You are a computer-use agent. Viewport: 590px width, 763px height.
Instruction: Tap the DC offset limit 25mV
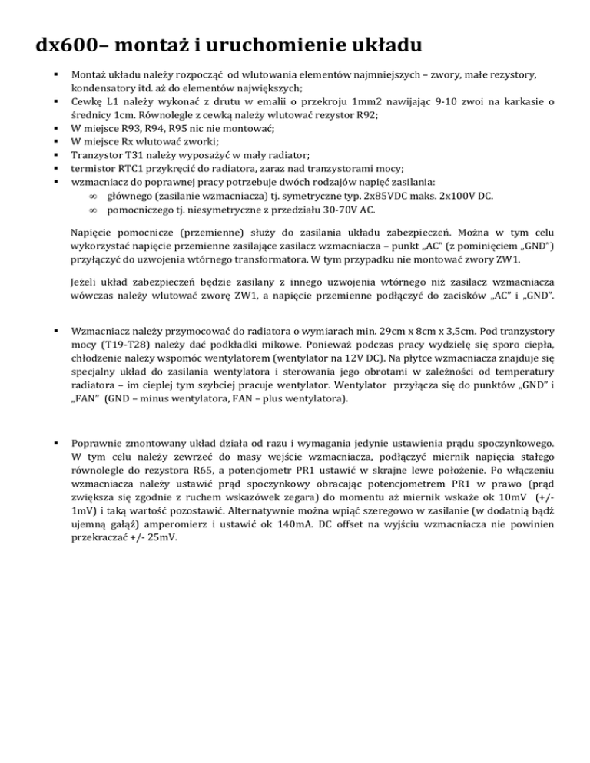click(x=160, y=538)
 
